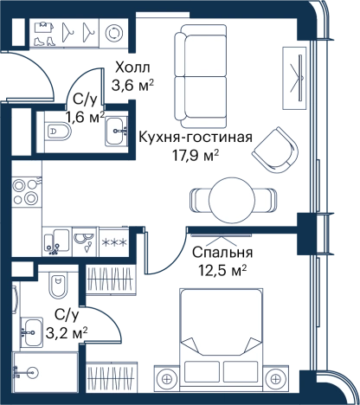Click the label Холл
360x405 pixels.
(x=132, y=68)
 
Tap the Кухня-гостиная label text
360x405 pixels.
(x=196, y=138)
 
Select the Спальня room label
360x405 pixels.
(x=222, y=253)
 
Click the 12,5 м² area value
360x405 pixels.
(x=222, y=271)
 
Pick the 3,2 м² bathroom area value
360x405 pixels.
(x=67, y=334)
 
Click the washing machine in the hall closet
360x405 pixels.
(x=113, y=32)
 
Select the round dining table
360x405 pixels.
(x=232, y=200)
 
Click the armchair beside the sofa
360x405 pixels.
(x=275, y=150)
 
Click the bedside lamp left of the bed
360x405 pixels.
(x=166, y=379)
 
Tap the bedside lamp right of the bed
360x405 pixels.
(x=275, y=379)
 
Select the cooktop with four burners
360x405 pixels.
(x=26, y=191)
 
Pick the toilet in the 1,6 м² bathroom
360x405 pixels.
(x=58, y=132)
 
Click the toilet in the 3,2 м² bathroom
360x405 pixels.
(x=57, y=285)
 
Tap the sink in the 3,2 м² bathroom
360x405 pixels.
(x=31, y=332)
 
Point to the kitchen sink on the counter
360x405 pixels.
(x=57, y=242)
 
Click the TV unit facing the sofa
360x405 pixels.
(x=294, y=78)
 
